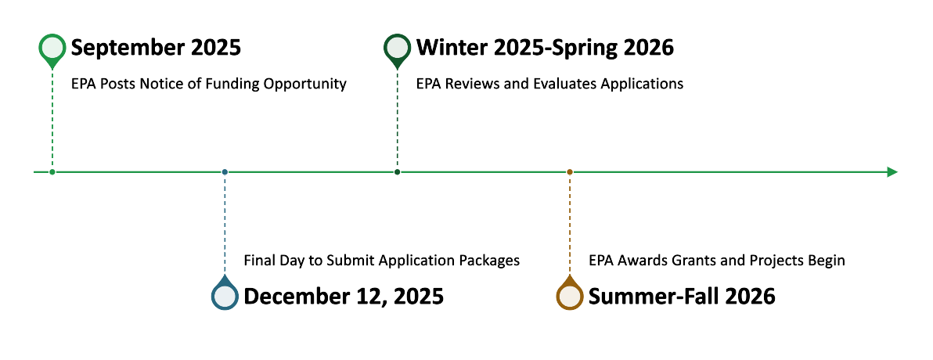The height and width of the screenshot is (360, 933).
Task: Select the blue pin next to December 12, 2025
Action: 225,293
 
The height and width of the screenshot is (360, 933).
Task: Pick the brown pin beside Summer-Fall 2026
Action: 570,293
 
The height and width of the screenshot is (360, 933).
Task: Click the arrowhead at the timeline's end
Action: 892,172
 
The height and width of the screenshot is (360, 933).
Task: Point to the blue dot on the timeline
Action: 225,172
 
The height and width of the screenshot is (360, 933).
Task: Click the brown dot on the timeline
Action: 570,172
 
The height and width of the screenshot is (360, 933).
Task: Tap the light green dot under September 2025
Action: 52,172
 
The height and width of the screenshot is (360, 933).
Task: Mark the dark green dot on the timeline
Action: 397,172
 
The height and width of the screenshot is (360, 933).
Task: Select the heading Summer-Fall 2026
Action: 682,297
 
